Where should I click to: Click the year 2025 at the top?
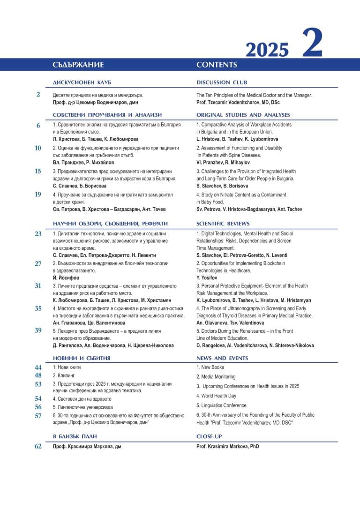click(267, 49)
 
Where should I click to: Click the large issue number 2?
click(312, 43)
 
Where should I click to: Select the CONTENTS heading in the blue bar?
click(217, 65)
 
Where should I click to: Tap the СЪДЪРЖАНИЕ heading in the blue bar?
click(78, 65)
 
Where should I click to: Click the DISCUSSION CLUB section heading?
click(222, 82)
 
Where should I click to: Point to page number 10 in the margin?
click(38, 148)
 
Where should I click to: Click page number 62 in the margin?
click(38, 446)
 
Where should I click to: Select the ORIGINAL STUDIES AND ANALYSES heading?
click(243, 115)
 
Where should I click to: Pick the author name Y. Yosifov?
click(207, 277)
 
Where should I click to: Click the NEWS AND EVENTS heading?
click(222, 358)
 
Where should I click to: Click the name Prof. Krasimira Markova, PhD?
click(227, 447)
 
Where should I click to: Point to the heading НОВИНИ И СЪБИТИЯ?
click(82, 358)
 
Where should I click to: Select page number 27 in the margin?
click(38, 263)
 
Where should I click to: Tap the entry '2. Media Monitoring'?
click(216, 376)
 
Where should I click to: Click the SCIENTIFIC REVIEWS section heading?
click(223, 224)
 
